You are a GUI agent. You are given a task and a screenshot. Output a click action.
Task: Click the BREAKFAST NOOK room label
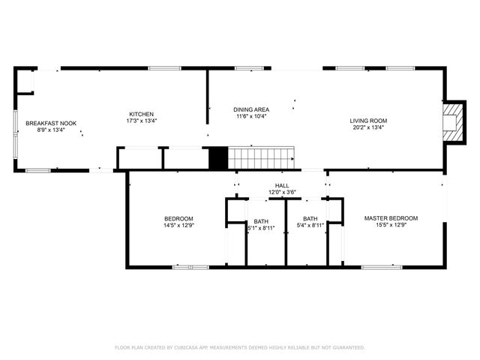point(51,123)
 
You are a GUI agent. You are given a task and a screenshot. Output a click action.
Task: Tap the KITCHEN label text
point(141,114)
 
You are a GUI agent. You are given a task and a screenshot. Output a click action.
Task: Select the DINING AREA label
point(251,110)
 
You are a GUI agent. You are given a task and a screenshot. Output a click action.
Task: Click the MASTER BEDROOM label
point(391,218)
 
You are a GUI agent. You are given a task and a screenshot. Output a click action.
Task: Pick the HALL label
point(282,185)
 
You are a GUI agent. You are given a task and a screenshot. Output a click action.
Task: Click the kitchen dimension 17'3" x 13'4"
point(141,120)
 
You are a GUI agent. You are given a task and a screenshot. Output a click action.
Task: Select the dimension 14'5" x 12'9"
point(178,225)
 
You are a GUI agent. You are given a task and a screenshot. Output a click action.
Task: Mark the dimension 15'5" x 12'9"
point(391,225)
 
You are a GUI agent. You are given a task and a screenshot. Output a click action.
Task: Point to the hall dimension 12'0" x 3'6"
point(282,192)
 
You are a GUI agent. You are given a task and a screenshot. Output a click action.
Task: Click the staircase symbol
point(259,157)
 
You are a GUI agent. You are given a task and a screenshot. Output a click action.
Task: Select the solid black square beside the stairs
point(217,157)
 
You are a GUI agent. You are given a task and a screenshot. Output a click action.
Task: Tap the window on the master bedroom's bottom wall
point(381,266)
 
